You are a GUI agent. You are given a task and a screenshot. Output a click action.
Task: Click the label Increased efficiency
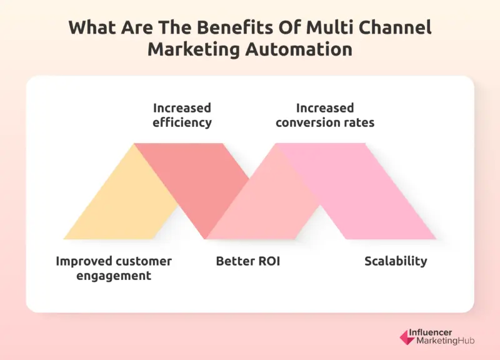coord(182,115)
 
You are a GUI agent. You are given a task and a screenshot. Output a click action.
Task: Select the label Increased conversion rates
coord(325,115)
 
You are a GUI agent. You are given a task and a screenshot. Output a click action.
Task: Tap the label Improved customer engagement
coord(114,268)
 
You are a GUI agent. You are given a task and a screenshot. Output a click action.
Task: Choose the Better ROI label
coord(248,261)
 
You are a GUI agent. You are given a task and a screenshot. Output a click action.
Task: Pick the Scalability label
coord(396,261)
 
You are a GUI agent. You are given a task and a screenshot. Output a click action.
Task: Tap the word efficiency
coord(182,122)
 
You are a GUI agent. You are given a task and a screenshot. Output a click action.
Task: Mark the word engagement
coord(114,276)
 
